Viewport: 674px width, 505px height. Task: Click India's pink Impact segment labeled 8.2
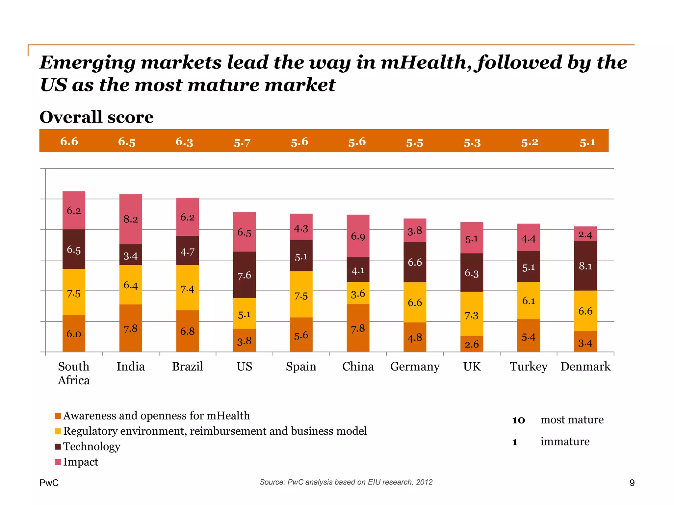pyautogui.click(x=131, y=219)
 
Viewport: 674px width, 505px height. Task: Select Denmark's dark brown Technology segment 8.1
pyautogui.click(x=585, y=266)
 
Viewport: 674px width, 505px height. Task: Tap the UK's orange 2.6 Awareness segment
pyautogui.click(x=472, y=344)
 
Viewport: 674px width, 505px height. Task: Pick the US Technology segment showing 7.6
pyautogui.click(x=244, y=275)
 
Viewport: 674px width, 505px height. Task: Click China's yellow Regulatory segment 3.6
pyautogui.click(x=358, y=293)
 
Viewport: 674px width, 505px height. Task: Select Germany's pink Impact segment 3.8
pyautogui.click(x=415, y=230)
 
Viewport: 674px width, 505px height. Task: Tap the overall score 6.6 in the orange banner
pyautogui.click(x=69, y=141)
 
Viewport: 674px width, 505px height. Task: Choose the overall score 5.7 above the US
pyautogui.click(x=242, y=143)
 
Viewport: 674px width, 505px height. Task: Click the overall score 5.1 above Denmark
pyautogui.click(x=587, y=142)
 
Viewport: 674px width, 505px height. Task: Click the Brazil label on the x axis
pyautogui.click(x=187, y=366)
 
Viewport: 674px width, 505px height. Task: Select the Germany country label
pyautogui.click(x=415, y=366)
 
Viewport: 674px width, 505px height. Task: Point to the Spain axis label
pyautogui.click(x=301, y=366)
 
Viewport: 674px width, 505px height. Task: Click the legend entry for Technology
pyautogui.click(x=91, y=446)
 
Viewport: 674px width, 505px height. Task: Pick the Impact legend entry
pyautogui.click(x=81, y=462)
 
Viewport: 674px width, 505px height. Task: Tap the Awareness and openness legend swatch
pyautogui.click(x=58, y=416)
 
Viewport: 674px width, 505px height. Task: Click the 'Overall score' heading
pyautogui.click(x=96, y=117)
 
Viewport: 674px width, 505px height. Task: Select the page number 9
pyautogui.click(x=632, y=483)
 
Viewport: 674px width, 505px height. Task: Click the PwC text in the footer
pyautogui.click(x=49, y=483)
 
